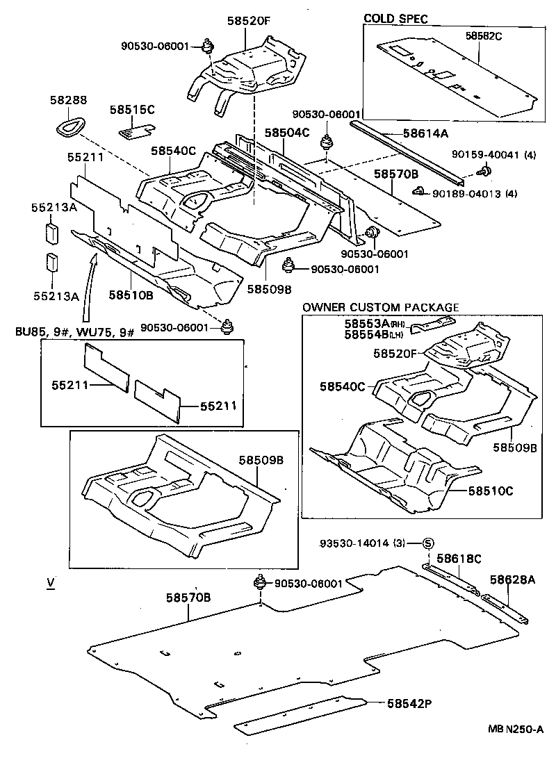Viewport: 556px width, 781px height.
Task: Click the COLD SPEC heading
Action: tap(395, 19)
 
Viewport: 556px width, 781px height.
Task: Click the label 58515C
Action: tap(132, 110)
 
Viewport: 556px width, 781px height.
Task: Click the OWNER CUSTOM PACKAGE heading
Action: tap(380, 307)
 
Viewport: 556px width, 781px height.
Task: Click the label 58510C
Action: tap(490, 491)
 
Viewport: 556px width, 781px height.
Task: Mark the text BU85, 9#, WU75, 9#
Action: tap(74, 331)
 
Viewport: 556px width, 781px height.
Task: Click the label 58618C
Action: tap(459, 558)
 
